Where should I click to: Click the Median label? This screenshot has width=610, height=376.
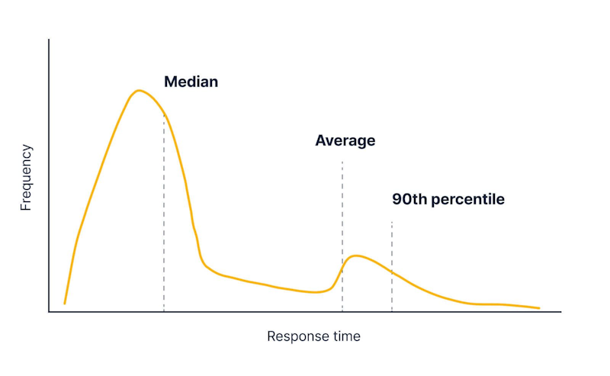(191, 82)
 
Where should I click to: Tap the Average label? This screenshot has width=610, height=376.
(345, 140)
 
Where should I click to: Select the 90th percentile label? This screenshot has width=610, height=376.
(448, 200)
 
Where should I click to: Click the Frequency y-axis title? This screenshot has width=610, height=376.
(26, 178)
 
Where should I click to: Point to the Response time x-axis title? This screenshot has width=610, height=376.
(313, 336)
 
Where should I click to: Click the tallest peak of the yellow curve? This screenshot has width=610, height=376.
(138, 91)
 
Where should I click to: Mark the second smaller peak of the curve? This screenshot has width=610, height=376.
(355, 255)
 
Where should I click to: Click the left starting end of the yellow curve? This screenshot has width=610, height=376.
(64, 304)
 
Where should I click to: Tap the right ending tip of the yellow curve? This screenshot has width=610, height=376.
(539, 308)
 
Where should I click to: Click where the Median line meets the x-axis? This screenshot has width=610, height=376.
(164, 311)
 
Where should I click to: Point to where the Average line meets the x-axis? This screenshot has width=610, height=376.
(342, 311)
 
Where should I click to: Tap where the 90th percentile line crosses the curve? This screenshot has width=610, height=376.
(392, 272)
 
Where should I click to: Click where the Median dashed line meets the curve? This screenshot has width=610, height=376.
(164, 115)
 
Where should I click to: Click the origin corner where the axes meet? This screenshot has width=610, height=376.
(50, 311)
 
